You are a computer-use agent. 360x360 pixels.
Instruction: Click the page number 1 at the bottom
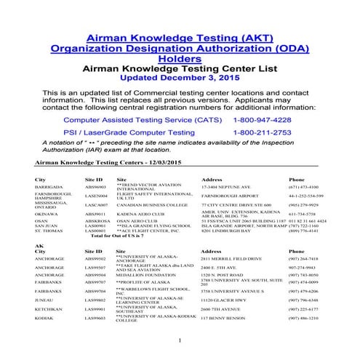(180, 340)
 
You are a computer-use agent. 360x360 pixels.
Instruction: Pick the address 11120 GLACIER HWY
(225, 299)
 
